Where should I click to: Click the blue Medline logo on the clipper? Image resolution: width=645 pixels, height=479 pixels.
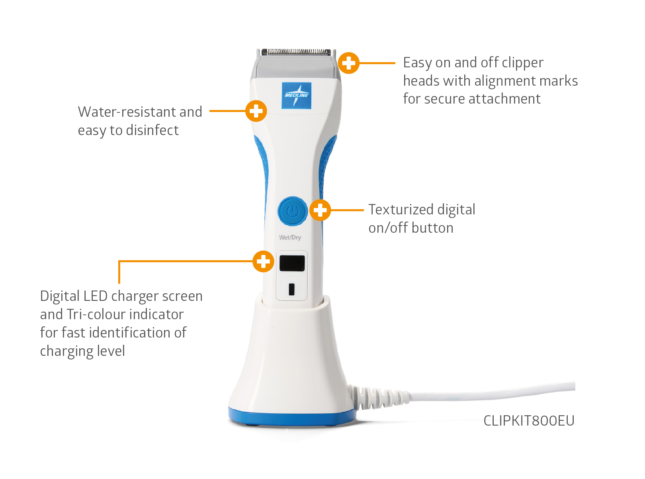(296, 96)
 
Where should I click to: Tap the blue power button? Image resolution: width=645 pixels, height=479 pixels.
(293, 211)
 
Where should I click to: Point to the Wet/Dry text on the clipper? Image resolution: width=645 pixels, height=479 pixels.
(290, 238)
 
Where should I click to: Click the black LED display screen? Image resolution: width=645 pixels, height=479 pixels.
(292, 263)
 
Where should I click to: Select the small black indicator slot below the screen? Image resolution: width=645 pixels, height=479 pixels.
(292, 289)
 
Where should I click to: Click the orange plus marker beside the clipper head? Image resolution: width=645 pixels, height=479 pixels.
(349, 63)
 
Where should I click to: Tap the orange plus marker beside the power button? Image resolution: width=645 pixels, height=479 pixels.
(320, 210)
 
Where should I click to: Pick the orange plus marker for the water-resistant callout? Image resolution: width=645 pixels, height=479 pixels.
(256, 111)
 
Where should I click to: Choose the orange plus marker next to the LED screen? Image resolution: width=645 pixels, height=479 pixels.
(264, 261)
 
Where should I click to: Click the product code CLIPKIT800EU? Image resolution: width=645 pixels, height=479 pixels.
(529, 421)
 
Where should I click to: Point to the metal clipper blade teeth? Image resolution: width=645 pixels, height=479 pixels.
(296, 52)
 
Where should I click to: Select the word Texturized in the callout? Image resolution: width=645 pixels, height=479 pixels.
(401, 209)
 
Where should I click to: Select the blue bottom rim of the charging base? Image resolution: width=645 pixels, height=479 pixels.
(292, 417)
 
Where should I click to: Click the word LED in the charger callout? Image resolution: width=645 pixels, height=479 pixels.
(96, 296)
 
